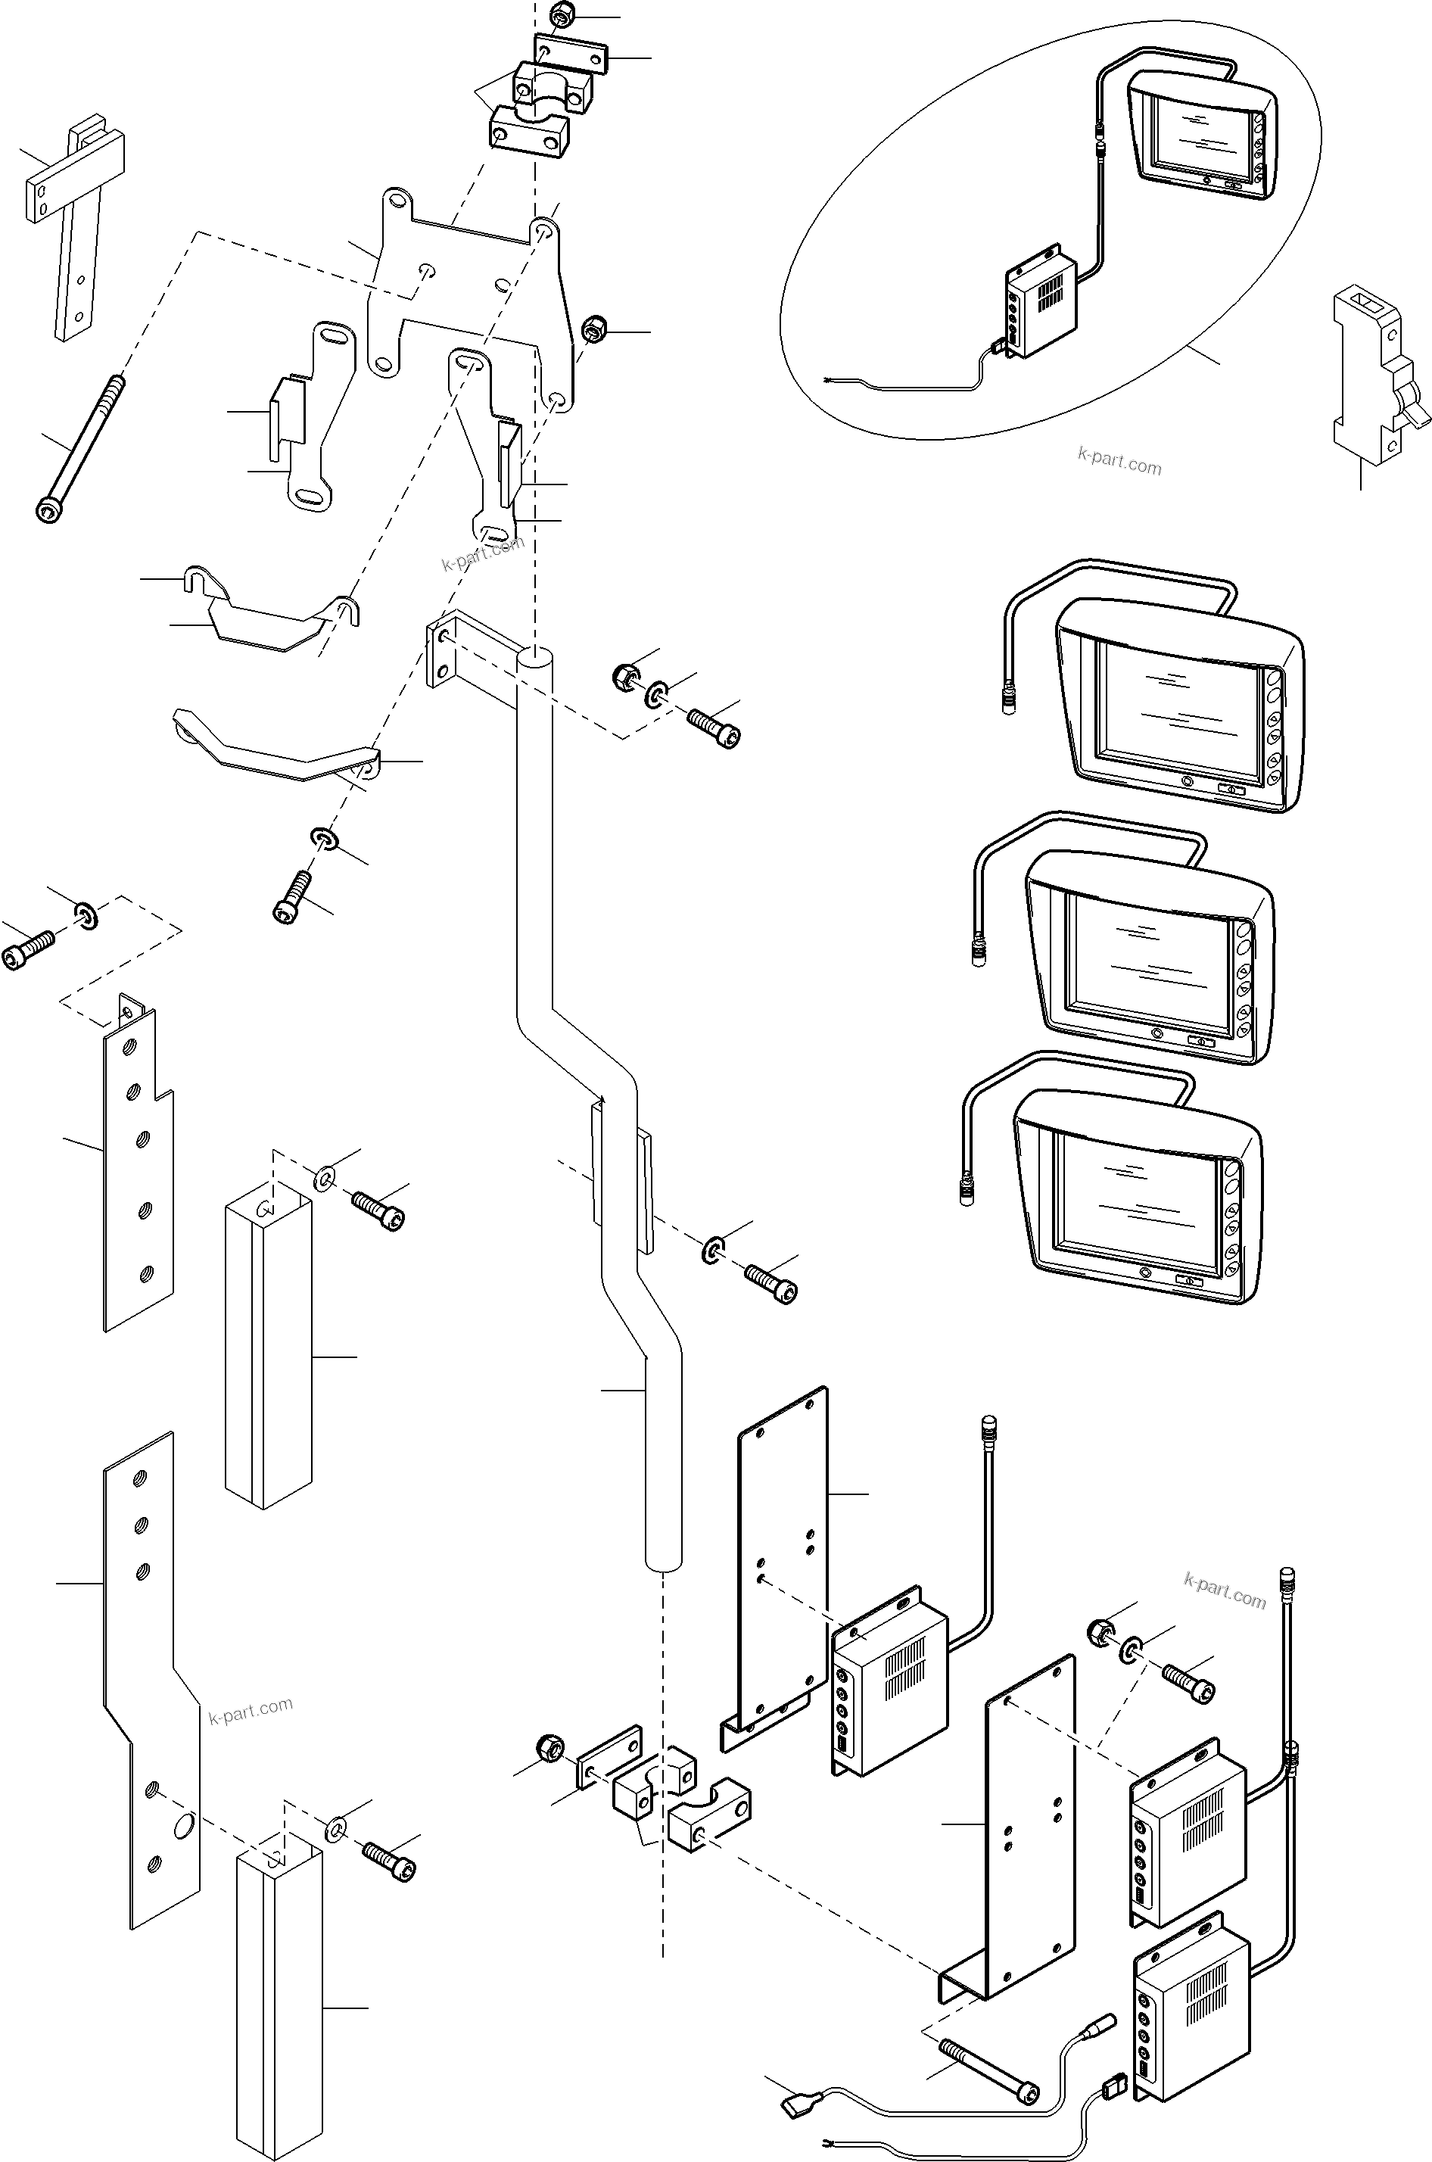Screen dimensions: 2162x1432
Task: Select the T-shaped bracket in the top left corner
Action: pyautogui.click(x=73, y=210)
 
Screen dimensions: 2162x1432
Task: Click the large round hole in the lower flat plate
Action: pyautogui.click(x=182, y=1825)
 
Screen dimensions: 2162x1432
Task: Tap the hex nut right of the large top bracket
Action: pyautogui.click(x=595, y=328)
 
